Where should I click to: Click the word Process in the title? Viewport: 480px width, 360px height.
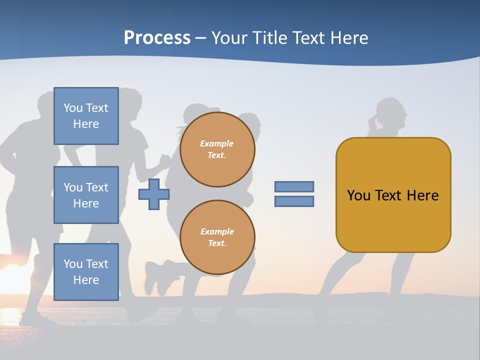157,38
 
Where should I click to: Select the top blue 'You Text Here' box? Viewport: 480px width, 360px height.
86,116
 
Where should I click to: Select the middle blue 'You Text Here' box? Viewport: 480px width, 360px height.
86,195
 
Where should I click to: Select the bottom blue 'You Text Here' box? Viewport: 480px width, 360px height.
86,271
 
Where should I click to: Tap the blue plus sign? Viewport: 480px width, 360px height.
154,194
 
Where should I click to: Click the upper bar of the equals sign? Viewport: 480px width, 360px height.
294,186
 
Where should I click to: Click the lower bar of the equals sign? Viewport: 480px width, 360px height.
294,201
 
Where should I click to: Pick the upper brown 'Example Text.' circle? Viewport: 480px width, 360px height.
217,149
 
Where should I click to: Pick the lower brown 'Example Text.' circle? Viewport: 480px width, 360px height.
217,237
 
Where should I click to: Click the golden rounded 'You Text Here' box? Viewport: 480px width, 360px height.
393,195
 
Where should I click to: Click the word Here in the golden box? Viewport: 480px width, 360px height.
422,195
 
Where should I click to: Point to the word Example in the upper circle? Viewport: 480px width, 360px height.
217,143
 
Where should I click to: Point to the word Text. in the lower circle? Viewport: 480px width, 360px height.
217,243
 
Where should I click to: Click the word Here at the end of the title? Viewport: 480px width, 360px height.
349,38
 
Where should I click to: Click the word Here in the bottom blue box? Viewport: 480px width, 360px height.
86,280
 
